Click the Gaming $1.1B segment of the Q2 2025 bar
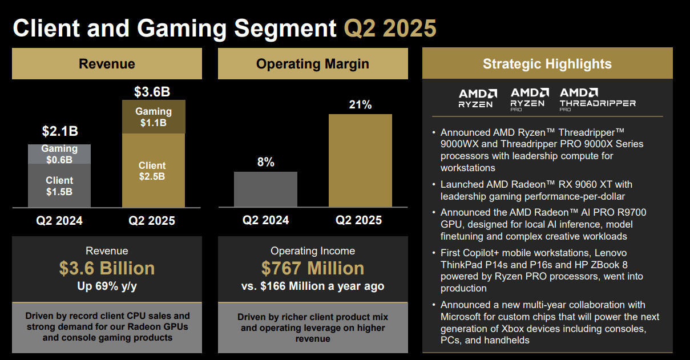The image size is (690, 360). pyautogui.click(x=154, y=117)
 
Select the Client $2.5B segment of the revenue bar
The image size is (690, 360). pyautogui.click(x=154, y=171)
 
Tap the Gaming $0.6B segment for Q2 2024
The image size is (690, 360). pyautogui.click(x=59, y=154)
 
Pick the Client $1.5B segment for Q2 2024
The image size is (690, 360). pyautogui.click(x=59, y=186)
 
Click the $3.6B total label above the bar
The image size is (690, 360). pyautogui.click(x=152, y=92)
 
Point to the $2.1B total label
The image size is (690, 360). pyautogui.click(x=59, y=131)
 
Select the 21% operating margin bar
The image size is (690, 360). pyautogui.click(x=360, y=160)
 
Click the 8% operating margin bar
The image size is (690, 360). pyautogui.click(x=265, y=189)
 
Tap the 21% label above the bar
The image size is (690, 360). pyautogui.click(x=360, y=104)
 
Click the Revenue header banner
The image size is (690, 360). pyautogui.click(x=107, y=63)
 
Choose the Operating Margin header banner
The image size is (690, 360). pyautogui.click(x=313, y=63)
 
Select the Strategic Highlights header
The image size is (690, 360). pyautogui.click(x=547, y=63)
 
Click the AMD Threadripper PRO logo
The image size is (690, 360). pyautogui.click(x=597, y=98)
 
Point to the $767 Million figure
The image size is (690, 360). pyautogui.click(x=313, y=268)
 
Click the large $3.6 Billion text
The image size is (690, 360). pyautogui.click(x=107, y=268)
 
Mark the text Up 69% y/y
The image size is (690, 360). pyautogui.click(x=107, y=286)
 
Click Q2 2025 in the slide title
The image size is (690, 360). pyautogui.click(x=390, y=28)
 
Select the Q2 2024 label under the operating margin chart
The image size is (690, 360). pyautogui.click(x=265, y=220)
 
